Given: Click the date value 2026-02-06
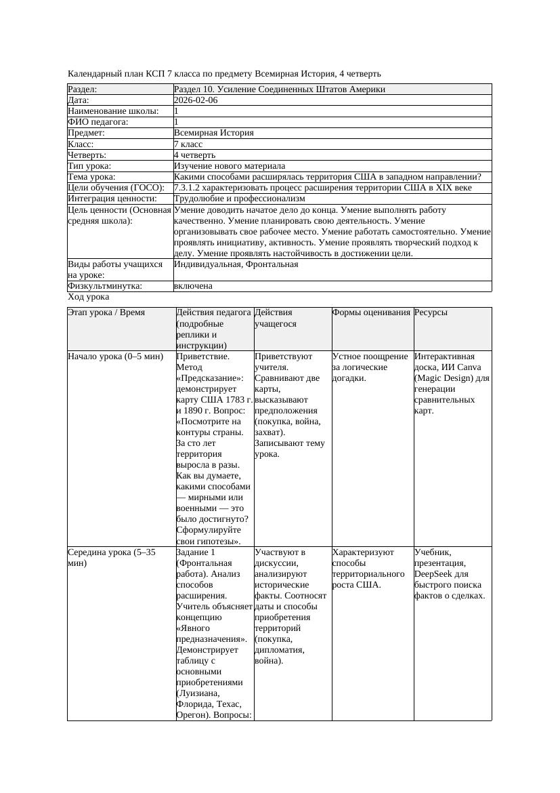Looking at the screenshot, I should point(196,100).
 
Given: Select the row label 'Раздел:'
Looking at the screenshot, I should point(83,89).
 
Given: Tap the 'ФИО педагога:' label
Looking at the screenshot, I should point(98,122).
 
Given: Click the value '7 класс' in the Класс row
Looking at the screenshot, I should point(188,144).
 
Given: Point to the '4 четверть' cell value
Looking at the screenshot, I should point(194,155).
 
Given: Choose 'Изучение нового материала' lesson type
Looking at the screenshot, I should point(229,166).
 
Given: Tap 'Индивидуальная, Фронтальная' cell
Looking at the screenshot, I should point(236,264).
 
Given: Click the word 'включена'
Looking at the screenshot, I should point(193,286).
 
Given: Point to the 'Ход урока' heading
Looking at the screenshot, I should point(89,297).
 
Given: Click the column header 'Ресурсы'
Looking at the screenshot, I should point(431,312).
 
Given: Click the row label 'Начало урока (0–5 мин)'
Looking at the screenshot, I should point(116,357).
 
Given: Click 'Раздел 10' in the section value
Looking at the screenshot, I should point(194,89).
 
